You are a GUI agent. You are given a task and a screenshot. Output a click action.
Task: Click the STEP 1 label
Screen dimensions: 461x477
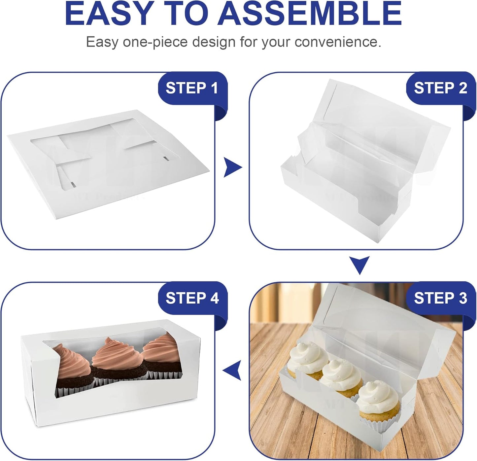point(192,88)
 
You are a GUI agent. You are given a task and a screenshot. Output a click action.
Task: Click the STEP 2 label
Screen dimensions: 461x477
point(440,88)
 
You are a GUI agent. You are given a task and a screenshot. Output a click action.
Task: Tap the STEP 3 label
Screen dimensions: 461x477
point(440,298)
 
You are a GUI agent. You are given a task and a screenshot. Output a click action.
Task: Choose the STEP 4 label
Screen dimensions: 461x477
point(192,298)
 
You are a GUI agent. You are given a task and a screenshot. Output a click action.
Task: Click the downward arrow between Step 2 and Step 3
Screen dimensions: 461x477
point(359,265)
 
